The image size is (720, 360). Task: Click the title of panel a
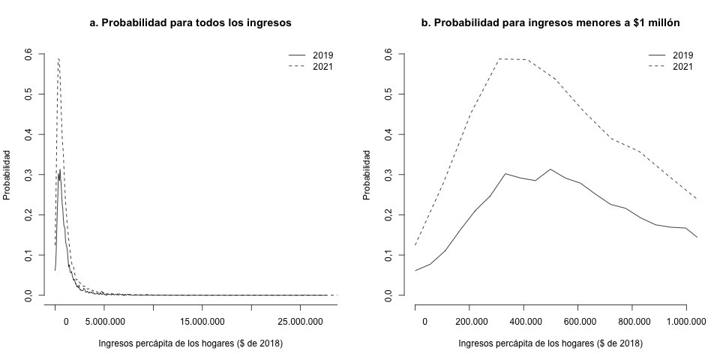tap(190, 23)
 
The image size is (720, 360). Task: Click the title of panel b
tap(550, 23)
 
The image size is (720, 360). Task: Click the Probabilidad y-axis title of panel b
tap(367, 175)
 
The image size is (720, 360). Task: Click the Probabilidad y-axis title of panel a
tap(7, 175)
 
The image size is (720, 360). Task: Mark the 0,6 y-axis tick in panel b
tap(390, 54)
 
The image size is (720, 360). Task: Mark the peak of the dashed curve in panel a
tap(58, 58)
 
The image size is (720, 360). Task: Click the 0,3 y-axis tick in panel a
tap(30, 175)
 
